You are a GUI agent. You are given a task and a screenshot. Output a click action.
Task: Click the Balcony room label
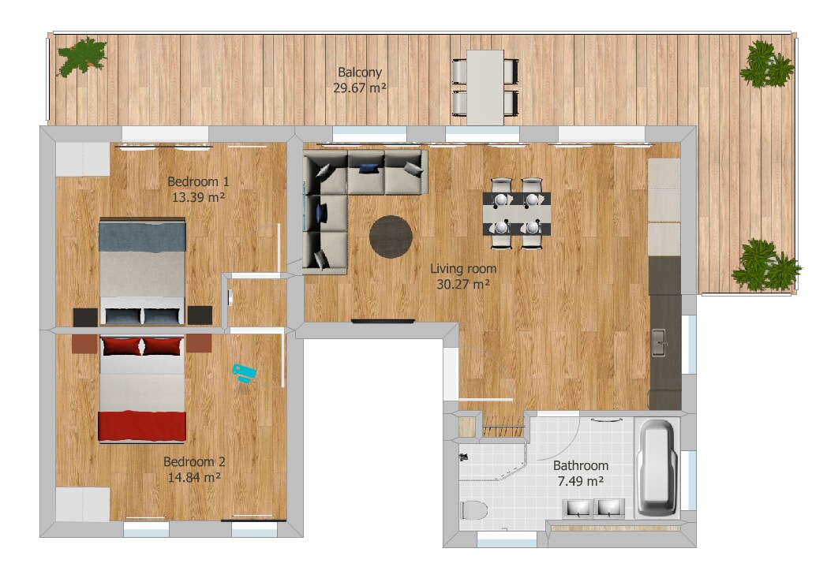[360, 73]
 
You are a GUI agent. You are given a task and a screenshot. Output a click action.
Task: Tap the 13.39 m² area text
[198, 198]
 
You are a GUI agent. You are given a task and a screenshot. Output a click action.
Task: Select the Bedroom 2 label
[194, 462]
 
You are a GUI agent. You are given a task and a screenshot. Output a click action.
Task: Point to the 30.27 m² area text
[463, 285]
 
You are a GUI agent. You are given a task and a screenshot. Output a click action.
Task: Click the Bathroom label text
[581, 465]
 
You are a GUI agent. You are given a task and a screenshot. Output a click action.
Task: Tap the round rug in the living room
[391, 237]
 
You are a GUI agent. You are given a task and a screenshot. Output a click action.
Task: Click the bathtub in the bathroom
[656, 467]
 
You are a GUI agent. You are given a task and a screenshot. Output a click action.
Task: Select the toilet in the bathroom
[474, 510]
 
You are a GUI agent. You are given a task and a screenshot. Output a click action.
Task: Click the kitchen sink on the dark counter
[659, 342]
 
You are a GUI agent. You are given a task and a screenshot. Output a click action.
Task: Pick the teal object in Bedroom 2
[245, 372]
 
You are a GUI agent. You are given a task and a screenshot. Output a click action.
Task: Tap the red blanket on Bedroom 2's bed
[142, 426]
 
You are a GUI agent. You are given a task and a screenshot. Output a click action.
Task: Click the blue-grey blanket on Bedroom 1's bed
[142, 236]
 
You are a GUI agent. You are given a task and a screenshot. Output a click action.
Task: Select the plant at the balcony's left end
[82, 57]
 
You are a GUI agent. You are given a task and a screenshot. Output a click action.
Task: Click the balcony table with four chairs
[485, 88]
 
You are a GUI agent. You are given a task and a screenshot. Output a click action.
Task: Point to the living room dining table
[517, 214]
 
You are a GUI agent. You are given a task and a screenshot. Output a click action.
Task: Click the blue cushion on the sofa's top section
[369, 168]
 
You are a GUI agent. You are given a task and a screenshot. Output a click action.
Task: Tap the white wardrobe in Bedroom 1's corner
[83, 159]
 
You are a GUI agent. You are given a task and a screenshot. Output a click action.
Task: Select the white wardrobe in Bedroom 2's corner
[83, 505]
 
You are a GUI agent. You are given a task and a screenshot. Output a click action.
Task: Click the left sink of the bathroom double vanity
[579, 508]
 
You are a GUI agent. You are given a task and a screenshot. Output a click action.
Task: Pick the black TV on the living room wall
[383, 321]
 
